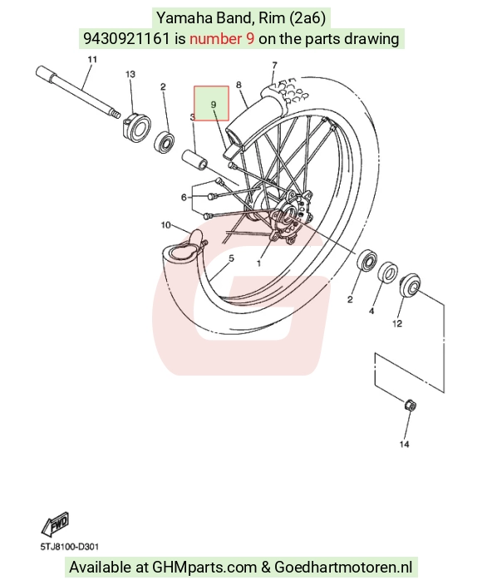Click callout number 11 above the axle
tap(92, 59)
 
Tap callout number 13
tap(130, 74)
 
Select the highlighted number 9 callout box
tap(211, 103)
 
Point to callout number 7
tap(274, 66)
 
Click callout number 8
tap(239, 85)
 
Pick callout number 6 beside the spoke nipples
tap(184, 197)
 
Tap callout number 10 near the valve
tap(165, 225)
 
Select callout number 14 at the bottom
tap(405, 444)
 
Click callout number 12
tap(397, 323)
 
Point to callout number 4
tap(371, 311)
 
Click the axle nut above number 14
tap(410, 406)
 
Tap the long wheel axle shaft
tap(78, 92)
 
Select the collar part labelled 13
tap(135, 127)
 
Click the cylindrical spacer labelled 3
tap(194, 160)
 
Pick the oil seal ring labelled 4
tap(388, 272)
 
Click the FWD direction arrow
tap(55, 524)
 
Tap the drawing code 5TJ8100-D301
tap(70, 547)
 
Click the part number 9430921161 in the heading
tap(126, 38)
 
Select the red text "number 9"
tap(222, 38)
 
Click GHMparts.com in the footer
tap(204, 568)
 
